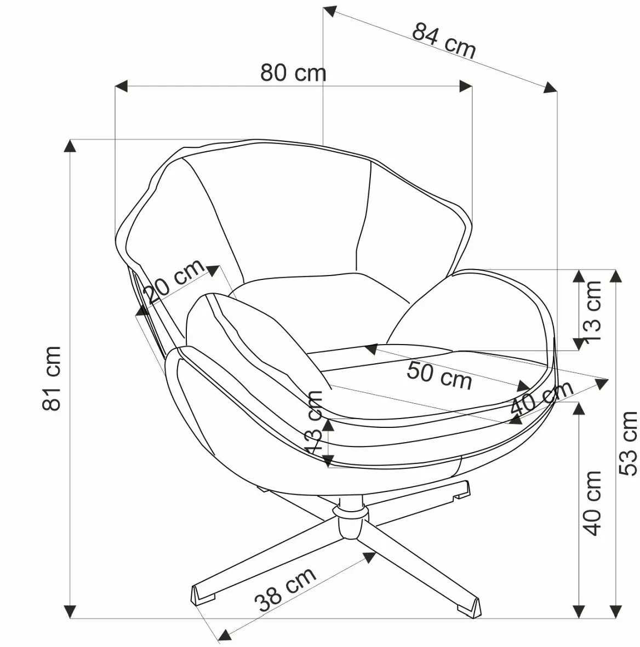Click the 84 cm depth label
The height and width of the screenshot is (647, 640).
pos(444,41)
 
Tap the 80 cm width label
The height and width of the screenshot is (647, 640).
pos(293,73)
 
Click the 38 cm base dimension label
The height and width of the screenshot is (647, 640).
pos(285,589)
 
